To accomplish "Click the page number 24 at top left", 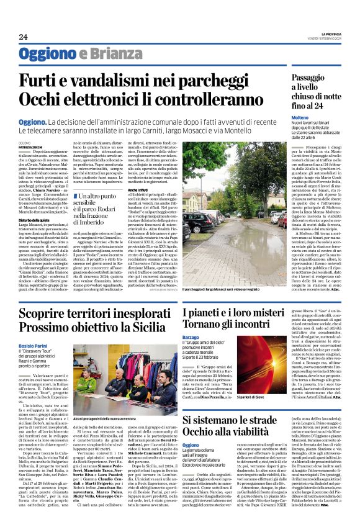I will (x=24, y=37).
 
